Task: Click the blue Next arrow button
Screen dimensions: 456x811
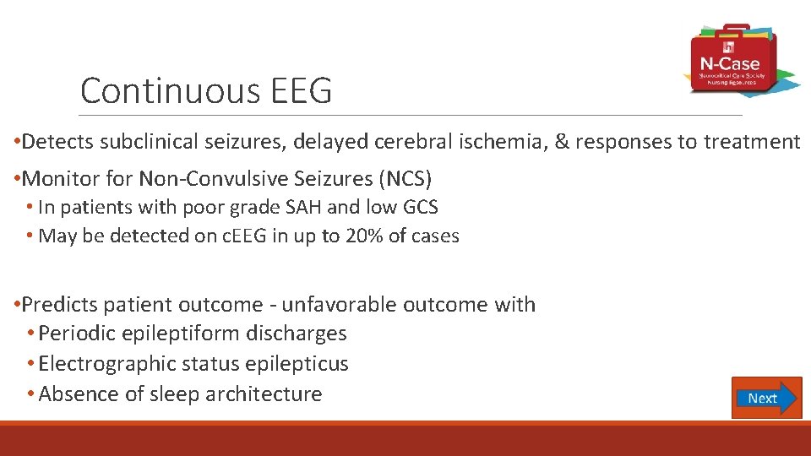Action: (766, 398)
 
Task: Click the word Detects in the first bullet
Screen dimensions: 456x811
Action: (58, 142)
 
